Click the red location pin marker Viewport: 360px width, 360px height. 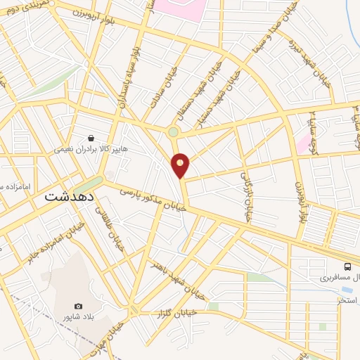pyautogui.click(x=181, y=165)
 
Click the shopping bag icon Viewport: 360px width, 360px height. pyautogui.click(x=91, y=138)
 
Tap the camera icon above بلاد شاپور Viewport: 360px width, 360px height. pyautogui.click(x=78, y=307)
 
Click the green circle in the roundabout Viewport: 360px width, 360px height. pyautogui.click(x=173, y=131)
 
